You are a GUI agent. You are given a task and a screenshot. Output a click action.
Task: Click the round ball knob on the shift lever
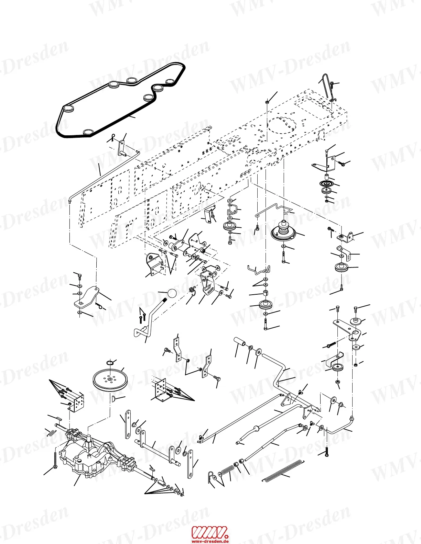pyautogui.click(x=172, y=294)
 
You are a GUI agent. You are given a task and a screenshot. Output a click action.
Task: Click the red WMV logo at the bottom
pyautogui.click(x=209, y=532)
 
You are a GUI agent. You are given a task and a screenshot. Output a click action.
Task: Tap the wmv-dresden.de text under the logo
pyautogui.click(x=210, y=541)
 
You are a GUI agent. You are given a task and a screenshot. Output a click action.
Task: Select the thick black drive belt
pyautogui.click(x=120, y=100)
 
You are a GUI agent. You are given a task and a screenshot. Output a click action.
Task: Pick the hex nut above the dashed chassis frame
pyautogui.click(x=267, y=102)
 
